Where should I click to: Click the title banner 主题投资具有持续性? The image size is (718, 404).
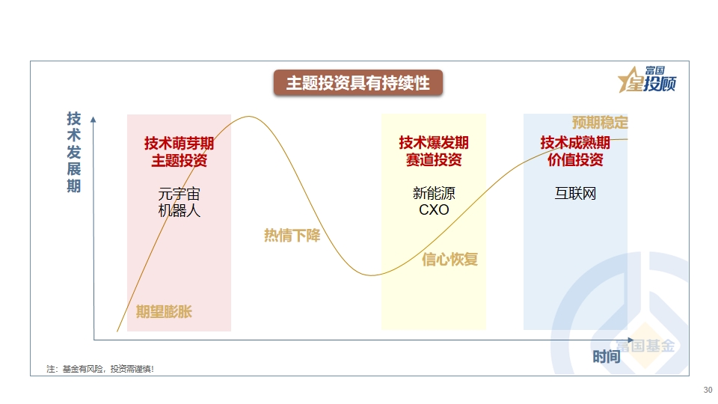[358, 83]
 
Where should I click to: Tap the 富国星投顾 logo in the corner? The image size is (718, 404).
[647, 79]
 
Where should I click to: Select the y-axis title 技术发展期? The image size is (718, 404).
[74, 152]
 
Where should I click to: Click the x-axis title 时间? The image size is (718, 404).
[607, 356]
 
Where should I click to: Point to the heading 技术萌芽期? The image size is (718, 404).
[179, 143]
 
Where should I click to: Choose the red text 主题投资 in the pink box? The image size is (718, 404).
[179, 160]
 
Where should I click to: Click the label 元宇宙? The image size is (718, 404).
[179, 194]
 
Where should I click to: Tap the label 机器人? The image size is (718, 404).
[179, 210]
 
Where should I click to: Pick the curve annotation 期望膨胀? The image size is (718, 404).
[164, 311]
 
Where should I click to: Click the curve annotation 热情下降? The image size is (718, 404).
[292, 236]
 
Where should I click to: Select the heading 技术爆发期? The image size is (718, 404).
[434, 142]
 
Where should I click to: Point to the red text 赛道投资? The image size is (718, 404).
[434, 159]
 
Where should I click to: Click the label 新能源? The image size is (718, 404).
[434, 193]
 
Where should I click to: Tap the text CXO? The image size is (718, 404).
[434, 209]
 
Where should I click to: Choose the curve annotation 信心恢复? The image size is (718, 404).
[449, 260]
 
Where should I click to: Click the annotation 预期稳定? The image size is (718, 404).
[600, 122]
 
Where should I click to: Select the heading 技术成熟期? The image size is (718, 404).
[575, 142]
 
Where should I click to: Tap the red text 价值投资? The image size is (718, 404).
[575, 159]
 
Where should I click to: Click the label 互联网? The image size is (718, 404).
[575, 193]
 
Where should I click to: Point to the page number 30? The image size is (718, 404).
[708, 390]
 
